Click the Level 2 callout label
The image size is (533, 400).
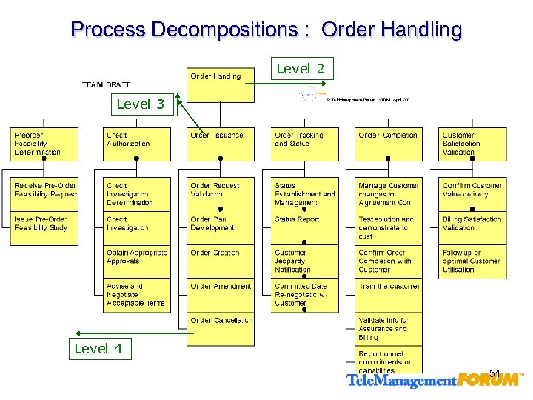301,69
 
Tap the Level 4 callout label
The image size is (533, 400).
98,349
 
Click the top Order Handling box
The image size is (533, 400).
220,83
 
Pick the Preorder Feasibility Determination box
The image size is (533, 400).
44,144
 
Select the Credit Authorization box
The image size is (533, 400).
135,144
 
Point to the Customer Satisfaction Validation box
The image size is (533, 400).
472,144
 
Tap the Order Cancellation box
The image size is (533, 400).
220,329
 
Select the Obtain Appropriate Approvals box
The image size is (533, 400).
135,261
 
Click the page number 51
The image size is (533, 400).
495,373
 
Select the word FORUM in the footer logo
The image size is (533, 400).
489,381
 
